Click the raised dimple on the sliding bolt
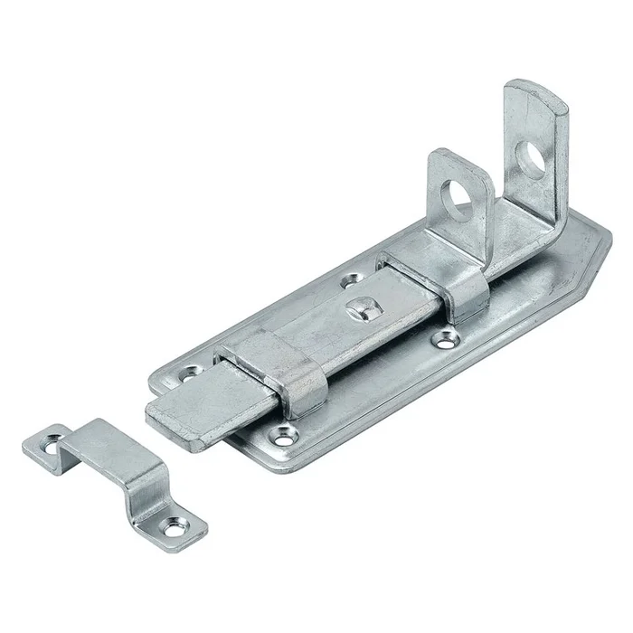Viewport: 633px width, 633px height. (x=359, y=310)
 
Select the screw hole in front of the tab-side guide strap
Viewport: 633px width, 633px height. (x=443, y=340)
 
